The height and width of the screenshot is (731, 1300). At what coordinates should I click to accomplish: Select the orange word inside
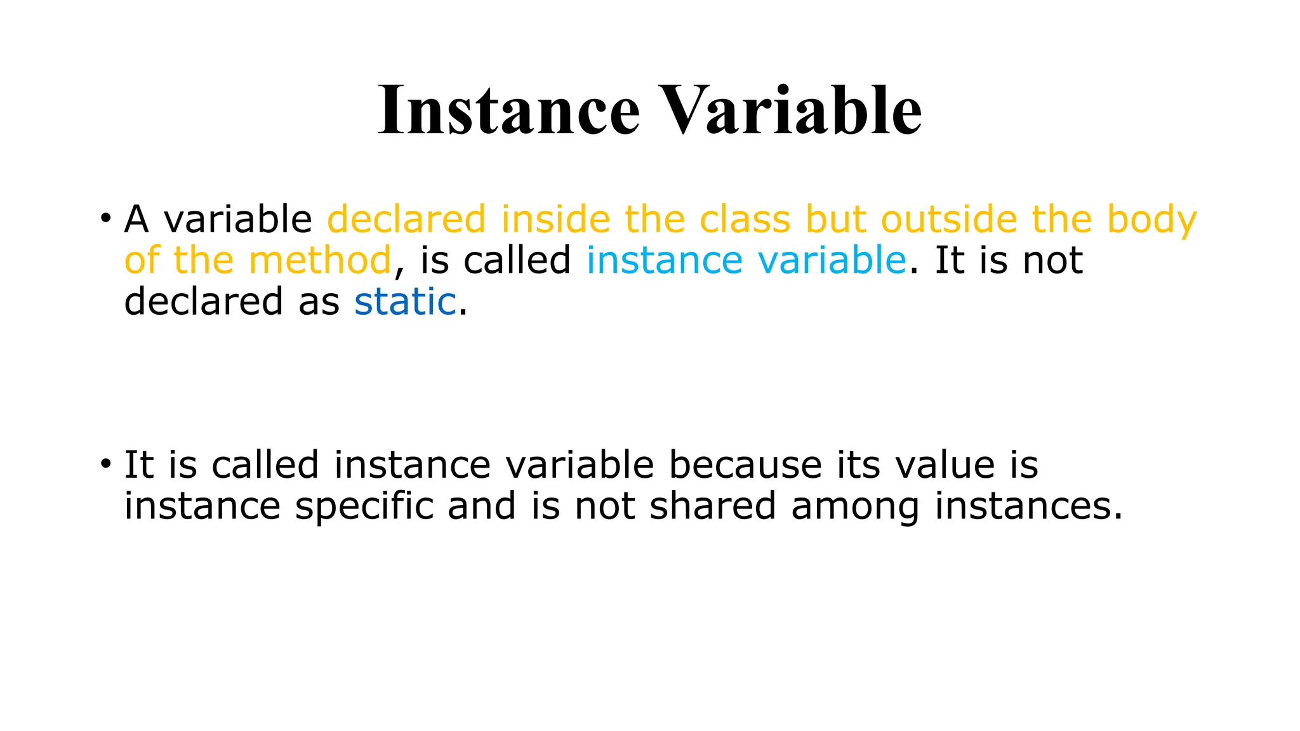(x=555, y=220)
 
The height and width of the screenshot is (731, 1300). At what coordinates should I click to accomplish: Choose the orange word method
(x=320, y=260)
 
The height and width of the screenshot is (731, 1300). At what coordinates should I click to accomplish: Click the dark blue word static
(x=405, y=301)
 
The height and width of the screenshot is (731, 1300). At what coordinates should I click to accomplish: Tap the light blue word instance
(x=664, y=260)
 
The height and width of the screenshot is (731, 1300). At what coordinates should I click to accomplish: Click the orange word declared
(x=406, y=220)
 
